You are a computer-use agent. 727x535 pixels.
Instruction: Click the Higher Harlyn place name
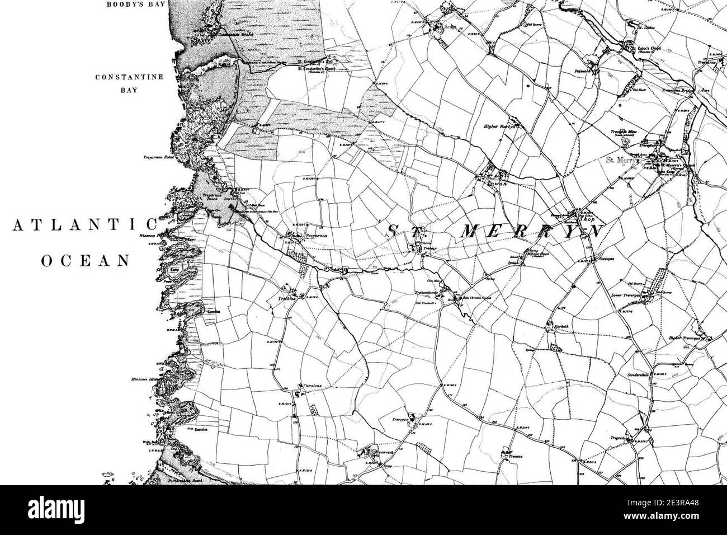click(x=498, y=126)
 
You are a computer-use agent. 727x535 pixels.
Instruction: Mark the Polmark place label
click(x=584, y=72)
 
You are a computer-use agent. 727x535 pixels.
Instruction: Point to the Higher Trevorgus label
click(x=685, y=338)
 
